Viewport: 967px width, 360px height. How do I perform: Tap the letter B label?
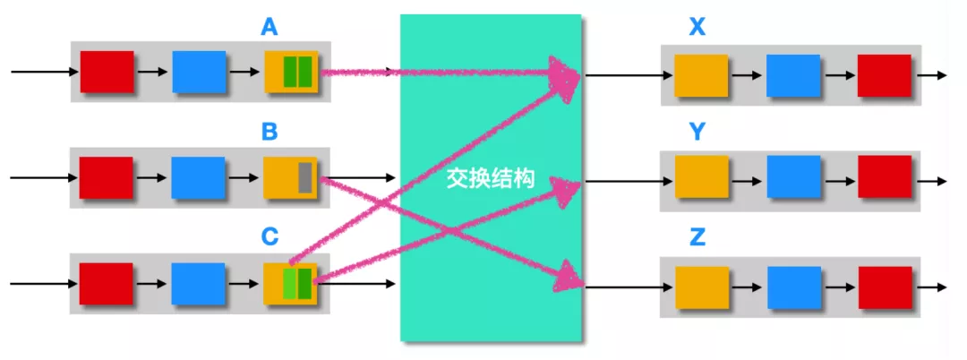[x=269, y=133]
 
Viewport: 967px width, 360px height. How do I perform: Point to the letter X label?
[x=697, y=28]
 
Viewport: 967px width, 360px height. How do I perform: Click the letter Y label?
[x=697, y=133]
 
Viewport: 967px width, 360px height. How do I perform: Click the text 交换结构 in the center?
[x=490, y=179]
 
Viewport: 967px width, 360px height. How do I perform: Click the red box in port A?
[x=107, y=72]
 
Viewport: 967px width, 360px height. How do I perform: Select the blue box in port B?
[x=198, y=177]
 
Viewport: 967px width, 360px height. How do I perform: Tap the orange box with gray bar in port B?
[x=290, y=177]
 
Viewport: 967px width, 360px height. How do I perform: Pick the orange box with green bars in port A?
[x=291, y=72]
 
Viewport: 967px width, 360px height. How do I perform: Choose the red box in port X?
[x=884, y=75]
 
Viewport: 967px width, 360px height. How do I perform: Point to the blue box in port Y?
[x=793, y=177]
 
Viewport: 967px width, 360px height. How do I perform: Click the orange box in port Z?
[x=701, y=283]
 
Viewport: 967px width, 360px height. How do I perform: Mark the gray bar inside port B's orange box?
[x=304, y=177]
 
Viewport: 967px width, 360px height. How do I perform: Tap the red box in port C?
[x=107, y=282]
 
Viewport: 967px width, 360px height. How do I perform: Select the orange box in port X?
[x=701, y=75]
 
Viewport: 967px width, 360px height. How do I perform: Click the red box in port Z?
[x=884, y=283]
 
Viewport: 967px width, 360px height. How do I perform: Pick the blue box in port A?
[x=198, y=72]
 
